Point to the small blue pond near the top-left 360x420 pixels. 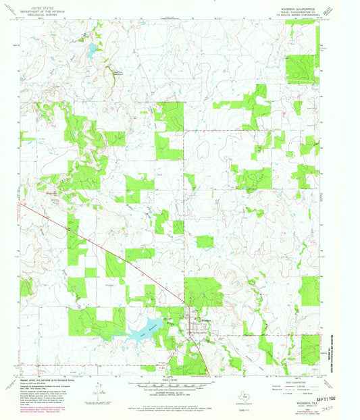point(91,49)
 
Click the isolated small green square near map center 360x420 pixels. point(205,241)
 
